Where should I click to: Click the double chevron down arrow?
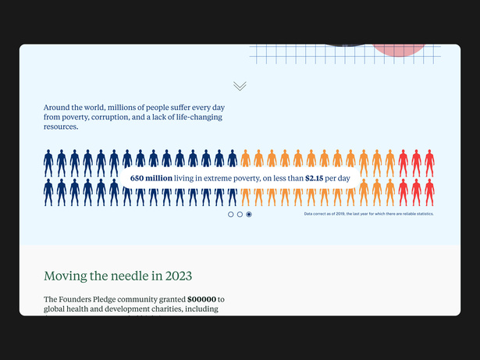coord(240,86)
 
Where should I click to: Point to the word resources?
coord(61,127)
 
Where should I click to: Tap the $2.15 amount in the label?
coord(315,178)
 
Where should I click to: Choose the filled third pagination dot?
coord(249,214)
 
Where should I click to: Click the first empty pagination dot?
coord(231,214)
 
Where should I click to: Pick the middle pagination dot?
coord(240,214)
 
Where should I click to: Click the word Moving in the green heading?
coord(66,276)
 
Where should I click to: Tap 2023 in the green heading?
coord(176,276)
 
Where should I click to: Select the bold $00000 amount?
coord(201,299)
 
